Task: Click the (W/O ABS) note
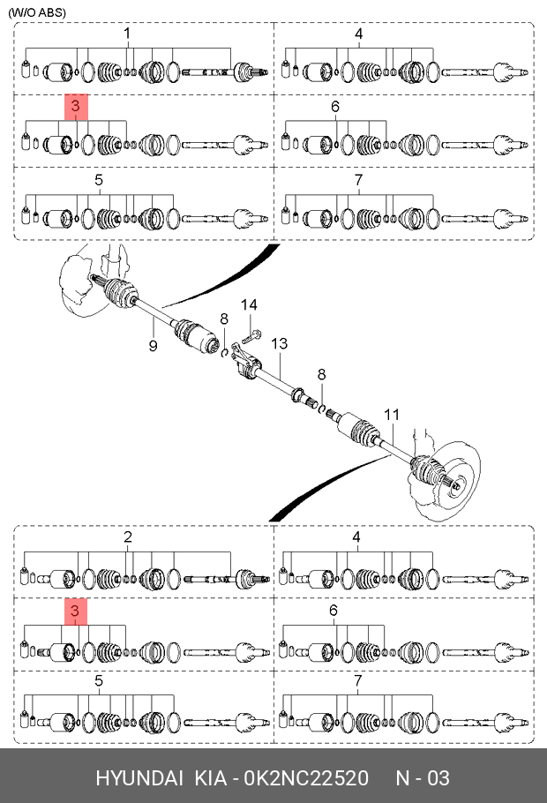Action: click(x=37, y=12)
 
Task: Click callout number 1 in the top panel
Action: click(x=127, y=34)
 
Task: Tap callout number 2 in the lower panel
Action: click(x=128, y=537)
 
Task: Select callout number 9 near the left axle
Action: click(x=153, y=346)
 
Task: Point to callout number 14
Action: click(x=249, y=304)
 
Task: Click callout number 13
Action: click(x=279, y=343)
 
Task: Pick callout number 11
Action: click(x=392, y=415)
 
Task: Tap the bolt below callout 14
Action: click(x=251, y=336)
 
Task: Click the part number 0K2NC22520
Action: click(x=306, y=778)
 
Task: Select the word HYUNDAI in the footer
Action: click(x=139, y=778)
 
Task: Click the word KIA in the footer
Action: click(x=211, y=778)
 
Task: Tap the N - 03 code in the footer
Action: click(x=423, y=778)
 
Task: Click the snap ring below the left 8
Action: click(x=224, y=353)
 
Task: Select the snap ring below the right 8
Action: click(x=323, y=408)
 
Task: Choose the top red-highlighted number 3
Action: click(x=76, y=106)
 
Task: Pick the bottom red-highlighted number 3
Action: click(x=75, y=611)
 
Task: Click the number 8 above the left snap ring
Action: click(x=224, y=319)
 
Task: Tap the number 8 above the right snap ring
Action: click(x=322, y=374)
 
